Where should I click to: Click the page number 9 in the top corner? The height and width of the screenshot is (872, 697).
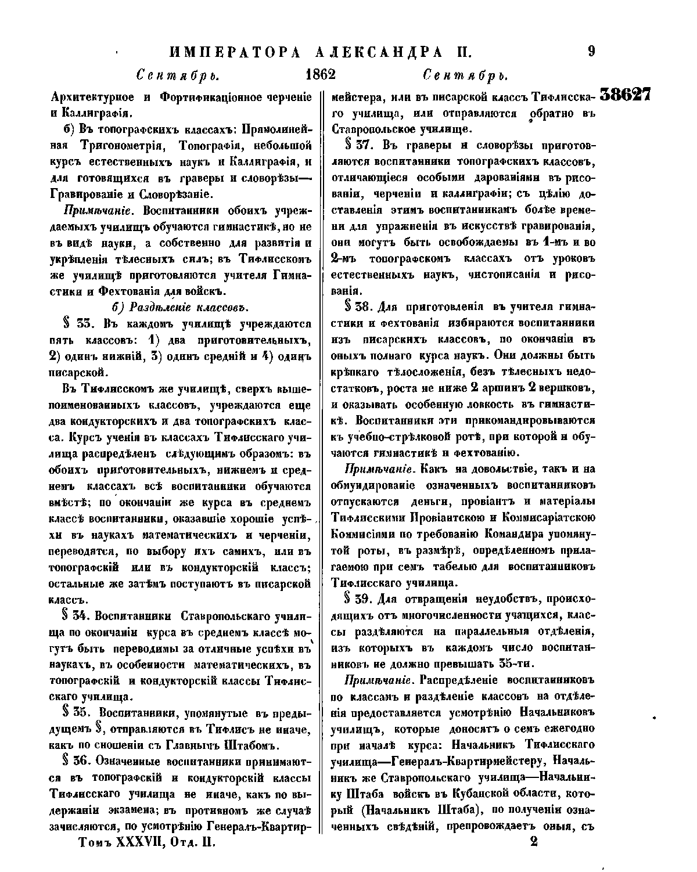591,52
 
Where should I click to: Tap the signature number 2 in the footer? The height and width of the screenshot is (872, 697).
534,842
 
